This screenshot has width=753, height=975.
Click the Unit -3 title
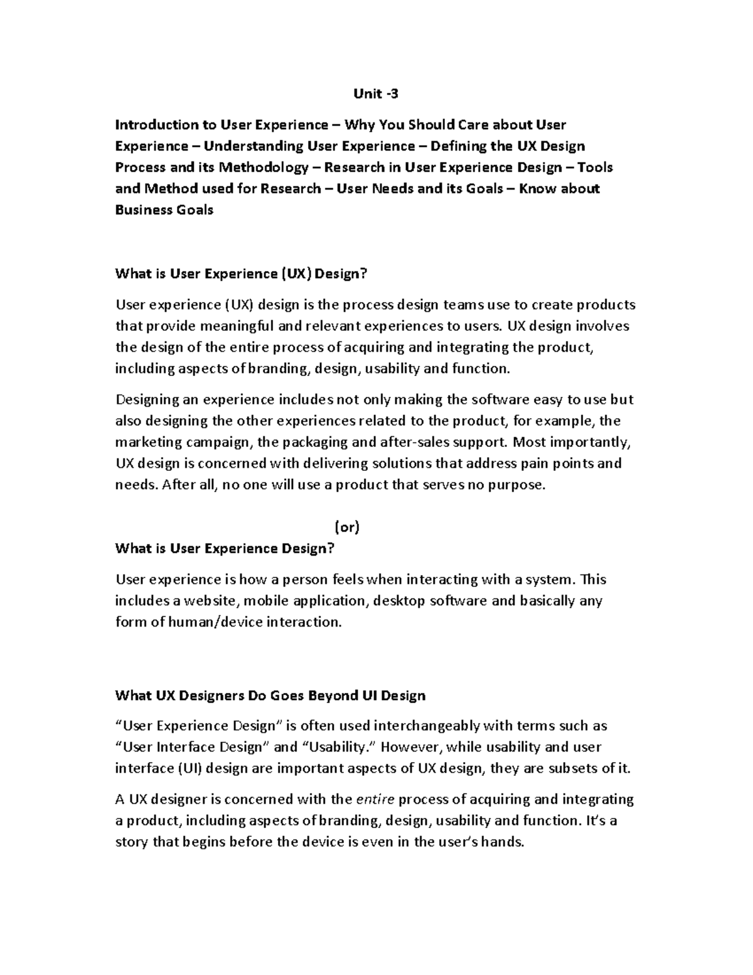[x=375, y=94]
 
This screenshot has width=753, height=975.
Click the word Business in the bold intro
[x=141, y=210]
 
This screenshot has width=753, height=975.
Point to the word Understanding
[x=254, y=146]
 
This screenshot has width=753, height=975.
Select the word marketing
[x=146, y=442]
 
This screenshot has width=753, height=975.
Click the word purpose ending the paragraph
[x=516, y=485]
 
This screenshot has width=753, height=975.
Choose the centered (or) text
[x=346, y=527]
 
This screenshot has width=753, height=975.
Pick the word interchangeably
[x=427, y=726]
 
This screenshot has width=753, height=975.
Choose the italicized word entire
[x=375, y=800]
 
